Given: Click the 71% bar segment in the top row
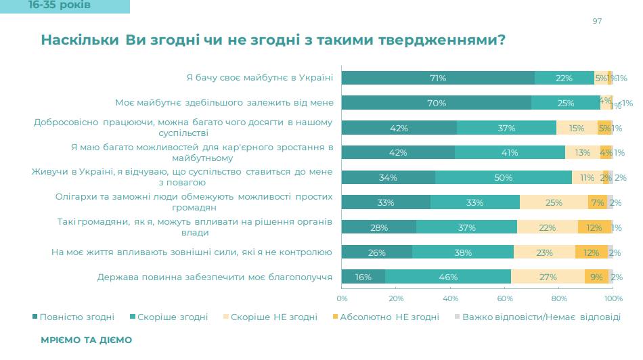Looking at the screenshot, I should [438, 78].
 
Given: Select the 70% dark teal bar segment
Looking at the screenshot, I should [437, 103].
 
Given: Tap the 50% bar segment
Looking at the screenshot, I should [504, 177].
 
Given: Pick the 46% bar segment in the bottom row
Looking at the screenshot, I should [448, 277].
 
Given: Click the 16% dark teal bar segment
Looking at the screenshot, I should [363, 277].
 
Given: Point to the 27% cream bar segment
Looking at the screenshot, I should [548, 277].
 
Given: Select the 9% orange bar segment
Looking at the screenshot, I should [596, 277].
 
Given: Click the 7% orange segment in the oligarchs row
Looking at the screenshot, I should [598, 202].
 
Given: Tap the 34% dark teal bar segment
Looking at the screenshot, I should [389, 177].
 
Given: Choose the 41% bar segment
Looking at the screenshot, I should [510, 152].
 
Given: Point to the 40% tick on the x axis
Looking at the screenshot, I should [450, 298].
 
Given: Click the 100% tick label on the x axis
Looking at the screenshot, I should [613, 298].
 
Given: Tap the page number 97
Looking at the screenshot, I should [597, 21].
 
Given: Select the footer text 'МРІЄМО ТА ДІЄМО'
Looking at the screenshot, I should [86, 340].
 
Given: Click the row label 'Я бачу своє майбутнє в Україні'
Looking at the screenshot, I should [260, 77].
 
